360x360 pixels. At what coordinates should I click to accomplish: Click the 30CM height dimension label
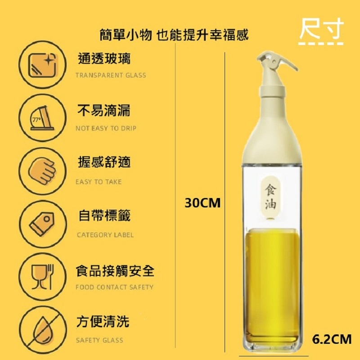pyautogui.click(x=202, y=203)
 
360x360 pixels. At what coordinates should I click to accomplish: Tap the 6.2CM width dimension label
pyautogui.click(x=332, y=339)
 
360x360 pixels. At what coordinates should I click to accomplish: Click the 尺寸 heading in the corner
pyautogui.click(x=321, y=29)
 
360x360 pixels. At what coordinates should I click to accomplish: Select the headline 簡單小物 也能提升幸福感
pyautogui.click(x=174, y=35)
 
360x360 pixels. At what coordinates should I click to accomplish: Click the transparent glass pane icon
pyautogui.click(x=43, y=65)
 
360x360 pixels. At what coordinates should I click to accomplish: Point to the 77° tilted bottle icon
pyautogui.click(x=43, y=118)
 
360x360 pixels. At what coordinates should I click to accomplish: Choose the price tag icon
pyautogui.click(x=42, y=224)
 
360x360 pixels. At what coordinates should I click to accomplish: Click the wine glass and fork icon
pyautogui.click(x=43, y=277)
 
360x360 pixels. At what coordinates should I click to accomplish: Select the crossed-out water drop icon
pyautogui.click(x=43, y=330)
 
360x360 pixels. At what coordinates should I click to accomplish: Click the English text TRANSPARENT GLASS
pyautogui.click(x=111, y=75)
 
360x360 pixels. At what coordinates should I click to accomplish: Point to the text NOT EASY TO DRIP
pyautogui.click(x=106, y=128)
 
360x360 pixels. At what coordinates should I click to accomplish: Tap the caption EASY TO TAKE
pyautogui.click(x=99, y=182)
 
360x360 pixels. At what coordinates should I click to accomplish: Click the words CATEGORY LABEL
pyautogui.click(x=105, y=235)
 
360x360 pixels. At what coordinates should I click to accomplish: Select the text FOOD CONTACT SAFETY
pyautogui.click(x=114, y=287)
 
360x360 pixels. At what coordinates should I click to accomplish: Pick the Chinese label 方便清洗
pyautogui.click(x=103, y=321)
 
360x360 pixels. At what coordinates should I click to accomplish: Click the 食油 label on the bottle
pyautogui.click(x=270, y=197)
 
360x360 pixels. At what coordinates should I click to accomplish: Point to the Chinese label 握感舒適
pyautogui.click(x=104, y=162)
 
